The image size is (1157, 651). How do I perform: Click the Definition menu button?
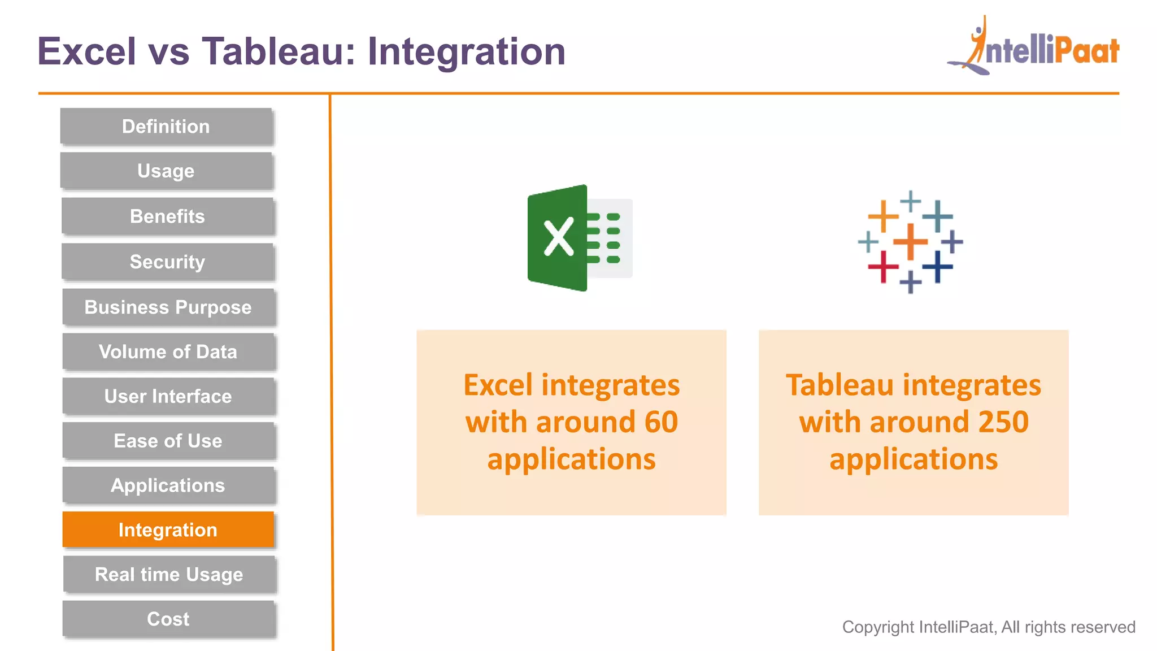click(166, 126)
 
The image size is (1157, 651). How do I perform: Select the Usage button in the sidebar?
click(166, 171)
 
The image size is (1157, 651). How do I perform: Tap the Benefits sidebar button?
click(167, 216)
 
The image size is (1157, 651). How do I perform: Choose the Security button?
click(167, 262)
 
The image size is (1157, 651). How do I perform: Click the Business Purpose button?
click(168, 307)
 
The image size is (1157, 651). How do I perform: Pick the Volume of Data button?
click(168, 351)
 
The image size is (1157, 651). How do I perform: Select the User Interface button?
click(168, 396)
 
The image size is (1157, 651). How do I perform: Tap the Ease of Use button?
click(168, 441)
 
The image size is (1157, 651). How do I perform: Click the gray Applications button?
click(168, 485)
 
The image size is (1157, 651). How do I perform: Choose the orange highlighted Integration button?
click(168, 530)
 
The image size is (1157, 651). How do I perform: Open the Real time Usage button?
click(169, 574)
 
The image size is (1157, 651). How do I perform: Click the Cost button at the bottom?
click(168, 619)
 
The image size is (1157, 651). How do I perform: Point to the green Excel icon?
click(580, 238)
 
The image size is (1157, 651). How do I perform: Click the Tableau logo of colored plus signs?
click(910, 242)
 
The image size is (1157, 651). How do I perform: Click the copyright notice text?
click(988, 627)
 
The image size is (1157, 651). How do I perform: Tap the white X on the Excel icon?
click(558, 238)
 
